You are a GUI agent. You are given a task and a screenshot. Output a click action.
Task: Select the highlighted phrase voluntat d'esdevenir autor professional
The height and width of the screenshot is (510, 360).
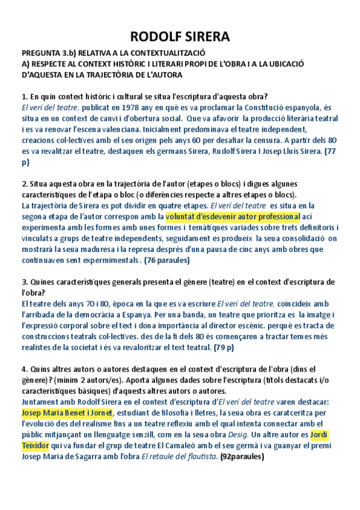233,217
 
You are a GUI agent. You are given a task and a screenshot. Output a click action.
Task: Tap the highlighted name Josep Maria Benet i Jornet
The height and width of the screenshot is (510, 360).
66,413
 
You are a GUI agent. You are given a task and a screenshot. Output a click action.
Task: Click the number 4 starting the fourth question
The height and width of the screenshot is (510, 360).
23,369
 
